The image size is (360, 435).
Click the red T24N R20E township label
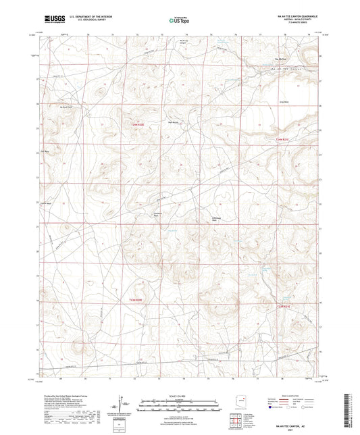137,124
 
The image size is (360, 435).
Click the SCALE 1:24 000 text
179,396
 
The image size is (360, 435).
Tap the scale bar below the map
179,402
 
